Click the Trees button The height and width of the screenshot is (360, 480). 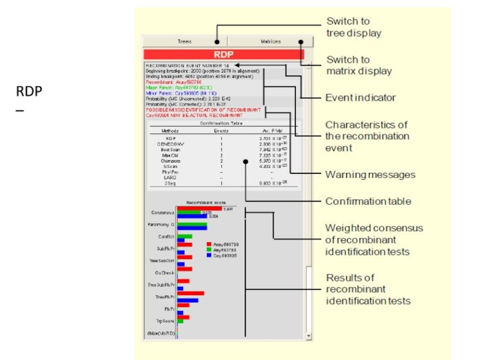184,41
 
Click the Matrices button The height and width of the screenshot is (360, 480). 270,41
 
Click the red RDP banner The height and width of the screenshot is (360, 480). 223,54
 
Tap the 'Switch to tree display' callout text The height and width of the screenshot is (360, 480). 353,27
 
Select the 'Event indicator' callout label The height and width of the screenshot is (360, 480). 360,97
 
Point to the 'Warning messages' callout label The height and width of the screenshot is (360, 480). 370,175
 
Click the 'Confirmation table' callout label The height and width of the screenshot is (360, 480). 368,201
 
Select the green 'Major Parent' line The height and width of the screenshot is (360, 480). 173,87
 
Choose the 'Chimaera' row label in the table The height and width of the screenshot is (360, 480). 167,161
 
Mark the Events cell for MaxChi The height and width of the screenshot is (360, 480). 221,155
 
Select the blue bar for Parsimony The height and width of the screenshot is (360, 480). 192,228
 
